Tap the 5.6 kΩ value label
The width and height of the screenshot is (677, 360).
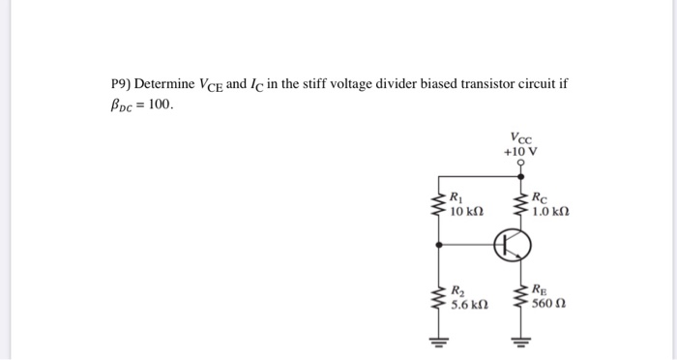469,305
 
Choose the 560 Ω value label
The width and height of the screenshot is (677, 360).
548,305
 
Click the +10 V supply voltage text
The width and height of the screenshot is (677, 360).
520,152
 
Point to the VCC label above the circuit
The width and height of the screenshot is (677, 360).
520,137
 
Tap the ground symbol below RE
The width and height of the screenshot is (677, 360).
522,341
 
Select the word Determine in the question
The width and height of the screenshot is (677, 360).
165,84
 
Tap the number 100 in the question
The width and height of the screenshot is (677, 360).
162,104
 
